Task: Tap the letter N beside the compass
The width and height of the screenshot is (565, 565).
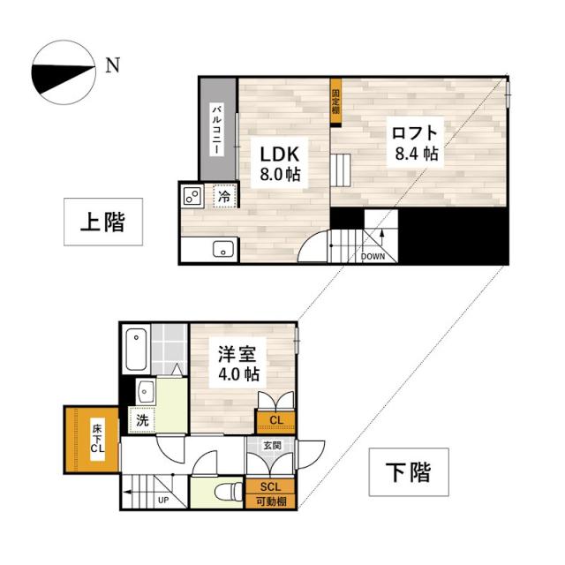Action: point(111,64)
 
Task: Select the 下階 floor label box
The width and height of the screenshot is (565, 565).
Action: point(408,472)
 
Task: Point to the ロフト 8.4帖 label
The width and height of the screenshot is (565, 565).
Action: point(415,142)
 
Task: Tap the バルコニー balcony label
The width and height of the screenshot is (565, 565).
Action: point(216,129)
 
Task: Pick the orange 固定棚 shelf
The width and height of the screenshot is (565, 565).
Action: point(335,102)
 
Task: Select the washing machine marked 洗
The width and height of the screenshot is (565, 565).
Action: point(142,420)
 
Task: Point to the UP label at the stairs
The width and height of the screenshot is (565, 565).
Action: point(163,500)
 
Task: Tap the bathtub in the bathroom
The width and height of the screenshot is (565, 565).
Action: point(137,350)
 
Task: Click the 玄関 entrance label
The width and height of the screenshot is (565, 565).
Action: point(272,447)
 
